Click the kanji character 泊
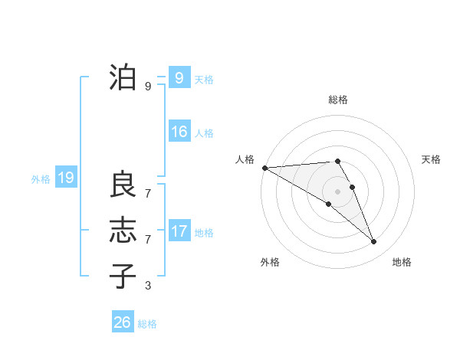pos(123,77)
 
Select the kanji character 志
pos(123,231)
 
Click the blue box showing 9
pos(179,77)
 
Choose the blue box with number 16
pos(179,132)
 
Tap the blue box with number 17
pos(179,231)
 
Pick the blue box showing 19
pos(65,178)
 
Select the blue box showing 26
pos(122,322)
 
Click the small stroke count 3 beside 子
pos(148,286)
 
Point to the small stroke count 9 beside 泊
pos(148,87)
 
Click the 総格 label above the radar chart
pos(338,100)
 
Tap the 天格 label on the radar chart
pos(432,159)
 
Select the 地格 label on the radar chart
pos(402,262)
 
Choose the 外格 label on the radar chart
pos(270,262)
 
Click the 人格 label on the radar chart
pos(245,159)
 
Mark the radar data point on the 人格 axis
pos(264,168)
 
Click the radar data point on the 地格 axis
pos(373,242)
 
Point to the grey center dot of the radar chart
pos(337,191)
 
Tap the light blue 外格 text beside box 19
pos(41,179)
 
